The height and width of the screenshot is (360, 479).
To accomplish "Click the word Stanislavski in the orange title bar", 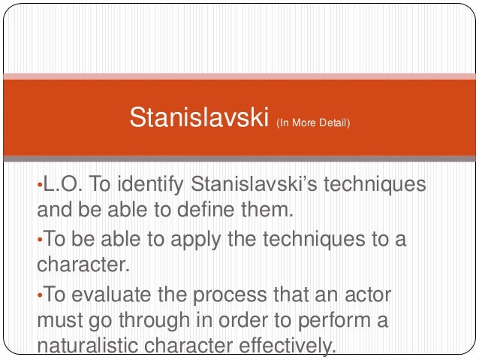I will click(x=198, y=117).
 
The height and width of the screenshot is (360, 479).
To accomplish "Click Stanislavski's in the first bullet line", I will click(x=254, y=184).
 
